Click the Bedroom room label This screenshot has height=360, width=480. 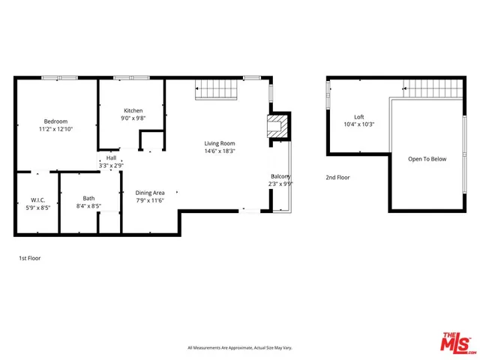[55, 121]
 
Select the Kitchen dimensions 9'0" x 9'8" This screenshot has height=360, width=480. [133, 118]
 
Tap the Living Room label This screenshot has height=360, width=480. [220, 143]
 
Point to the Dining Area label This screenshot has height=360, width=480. [149, 193]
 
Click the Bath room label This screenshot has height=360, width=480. [88, 198]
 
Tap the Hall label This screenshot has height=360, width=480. [111, 158]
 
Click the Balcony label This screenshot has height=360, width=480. [281, 176]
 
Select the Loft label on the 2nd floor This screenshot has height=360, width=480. [359, 117]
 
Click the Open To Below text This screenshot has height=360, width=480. [427, 159]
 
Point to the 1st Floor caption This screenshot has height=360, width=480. [30, 258]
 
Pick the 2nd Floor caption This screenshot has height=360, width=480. [337, 178]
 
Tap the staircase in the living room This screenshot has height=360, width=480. [217, 90]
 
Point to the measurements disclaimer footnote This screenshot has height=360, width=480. [239, 348]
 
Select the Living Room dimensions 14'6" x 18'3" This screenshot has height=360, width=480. [220, 151]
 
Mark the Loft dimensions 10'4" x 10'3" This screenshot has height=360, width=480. [359, 124]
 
